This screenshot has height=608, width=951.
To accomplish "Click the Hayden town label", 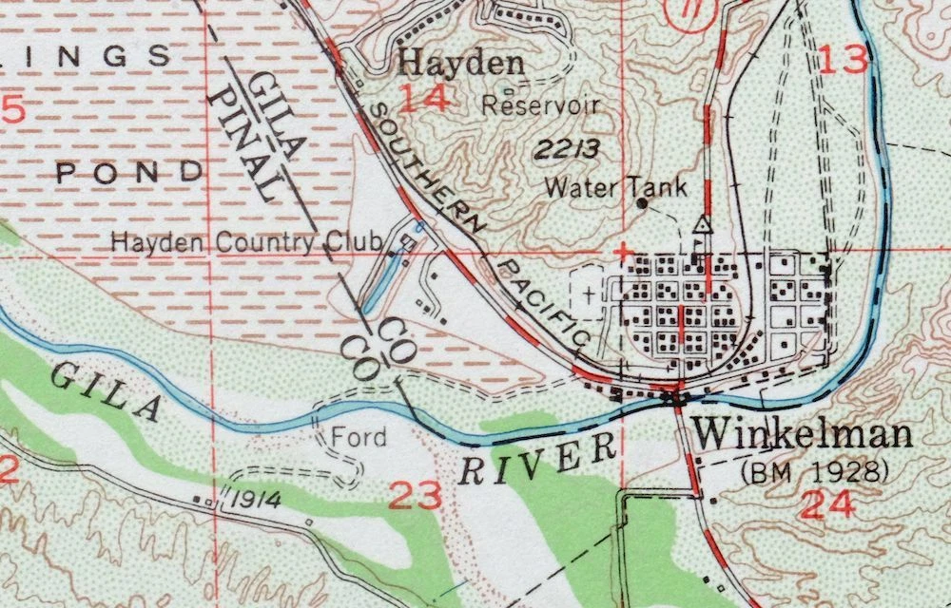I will coord(461,64).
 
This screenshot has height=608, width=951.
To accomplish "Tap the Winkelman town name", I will coord(804,435).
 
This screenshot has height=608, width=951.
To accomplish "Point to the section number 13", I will coord(844,60).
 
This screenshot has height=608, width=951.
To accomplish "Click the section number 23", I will coord(417,496).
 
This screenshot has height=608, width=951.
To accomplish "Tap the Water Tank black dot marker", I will coord(642,202).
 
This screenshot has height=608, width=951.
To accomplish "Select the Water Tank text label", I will coord(614,186).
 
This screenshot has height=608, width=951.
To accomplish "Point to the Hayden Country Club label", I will coord(247,242).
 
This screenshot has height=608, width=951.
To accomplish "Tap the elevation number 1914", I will coord(252,500).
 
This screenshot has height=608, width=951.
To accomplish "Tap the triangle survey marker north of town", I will coord(703,225).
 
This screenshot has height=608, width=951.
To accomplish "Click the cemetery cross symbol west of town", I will coord(588,294).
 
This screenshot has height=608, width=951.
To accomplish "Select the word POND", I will coord(129,172).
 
